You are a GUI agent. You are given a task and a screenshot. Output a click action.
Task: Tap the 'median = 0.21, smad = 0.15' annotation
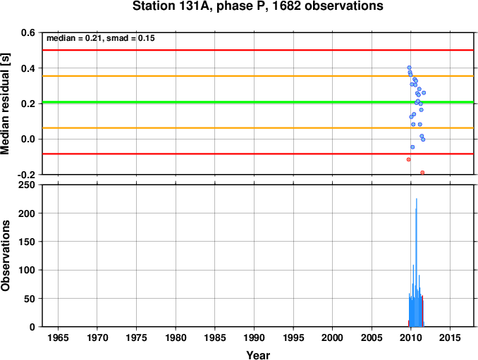click(x=101, y=38)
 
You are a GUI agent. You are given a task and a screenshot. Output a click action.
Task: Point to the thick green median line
click(x=258, y=102)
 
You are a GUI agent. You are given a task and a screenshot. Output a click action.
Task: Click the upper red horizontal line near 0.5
click(x=258, y=50)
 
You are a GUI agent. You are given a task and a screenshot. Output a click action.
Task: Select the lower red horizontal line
click(x=258, y=154)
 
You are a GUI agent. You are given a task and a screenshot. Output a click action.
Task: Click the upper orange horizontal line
click(x=258, y=76)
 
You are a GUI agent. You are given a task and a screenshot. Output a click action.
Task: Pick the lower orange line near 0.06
click(x=258, y=128)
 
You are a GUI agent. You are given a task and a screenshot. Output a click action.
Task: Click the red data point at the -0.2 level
click(x=422, y=173)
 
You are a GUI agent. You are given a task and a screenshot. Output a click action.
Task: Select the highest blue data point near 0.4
click(x=409, y=68)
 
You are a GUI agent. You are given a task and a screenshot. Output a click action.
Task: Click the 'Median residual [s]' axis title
click(x=5, y=104)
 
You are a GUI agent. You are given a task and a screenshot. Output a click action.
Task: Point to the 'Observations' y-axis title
click(x=5, y=256)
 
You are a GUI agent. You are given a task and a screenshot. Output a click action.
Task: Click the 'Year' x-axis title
click(x=258, y=355)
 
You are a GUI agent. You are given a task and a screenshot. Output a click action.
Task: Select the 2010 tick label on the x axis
click(x=410, y=337)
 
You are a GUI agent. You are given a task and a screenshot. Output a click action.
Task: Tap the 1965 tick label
click(x=58, y=337)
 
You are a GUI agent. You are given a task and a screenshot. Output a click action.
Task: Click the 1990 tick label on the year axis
click(x=254, y=337)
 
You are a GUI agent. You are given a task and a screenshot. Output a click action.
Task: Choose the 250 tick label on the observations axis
click(x=27, y=185)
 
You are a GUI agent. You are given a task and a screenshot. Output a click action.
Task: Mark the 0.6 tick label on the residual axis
click(x=28, y=32)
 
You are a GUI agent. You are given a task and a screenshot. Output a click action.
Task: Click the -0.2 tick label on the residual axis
click(x=27, y=175)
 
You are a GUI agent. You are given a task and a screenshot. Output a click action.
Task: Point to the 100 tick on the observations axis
click(x=27, y=270)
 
